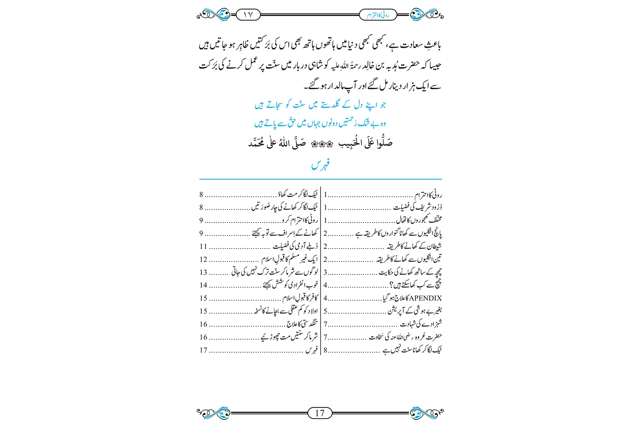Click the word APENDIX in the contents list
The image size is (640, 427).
coord(425,298)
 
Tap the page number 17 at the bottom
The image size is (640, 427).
coord(320,413)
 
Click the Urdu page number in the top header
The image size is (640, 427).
coord(248,15)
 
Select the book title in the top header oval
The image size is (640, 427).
coord(378,15)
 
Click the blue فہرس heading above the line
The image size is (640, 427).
coord(320,165)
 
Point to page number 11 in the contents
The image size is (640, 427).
coord(204,246)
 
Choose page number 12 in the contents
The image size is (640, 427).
coord(204,259)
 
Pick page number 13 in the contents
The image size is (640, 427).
coord(204,272)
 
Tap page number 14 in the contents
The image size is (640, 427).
coord(204,285)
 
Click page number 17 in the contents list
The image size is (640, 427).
coord(204,350)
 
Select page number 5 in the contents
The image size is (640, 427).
coord(326,311)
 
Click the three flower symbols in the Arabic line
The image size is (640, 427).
coord(320,144)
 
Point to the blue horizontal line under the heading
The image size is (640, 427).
coord(320,179)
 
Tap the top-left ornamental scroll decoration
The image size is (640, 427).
coord(213,15)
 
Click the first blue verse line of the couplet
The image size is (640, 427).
coord(320,105)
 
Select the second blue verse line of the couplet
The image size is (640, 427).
coord(320,123)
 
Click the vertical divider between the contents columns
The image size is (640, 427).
coord(320,271)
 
